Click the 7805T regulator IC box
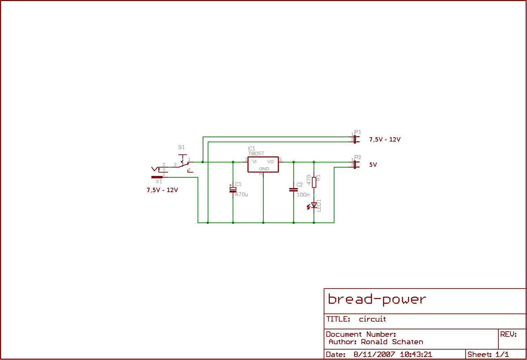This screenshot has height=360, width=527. point(263,164)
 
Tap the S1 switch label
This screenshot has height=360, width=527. point(181,147)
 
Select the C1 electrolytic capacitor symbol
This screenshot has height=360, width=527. point(233,189)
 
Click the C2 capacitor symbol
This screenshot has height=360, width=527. point(293,189)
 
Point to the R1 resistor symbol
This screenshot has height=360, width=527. point(314,182)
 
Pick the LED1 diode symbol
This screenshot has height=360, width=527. point(314,205)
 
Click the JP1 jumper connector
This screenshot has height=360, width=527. point(355,139)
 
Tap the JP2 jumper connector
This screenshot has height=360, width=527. point(355,164)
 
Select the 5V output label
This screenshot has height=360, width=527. point(373,165)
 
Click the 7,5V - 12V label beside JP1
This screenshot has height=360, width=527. point(385,140)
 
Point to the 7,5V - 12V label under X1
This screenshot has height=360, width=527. point(162,190)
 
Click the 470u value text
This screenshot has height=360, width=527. point(241,194)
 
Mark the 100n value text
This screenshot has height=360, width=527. point(303,195)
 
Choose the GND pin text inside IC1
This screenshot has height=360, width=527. point(264,169)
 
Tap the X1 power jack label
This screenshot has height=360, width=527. point(159,182)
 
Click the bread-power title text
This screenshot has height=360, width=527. point(377,299)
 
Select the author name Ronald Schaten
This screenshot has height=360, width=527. point(392,342)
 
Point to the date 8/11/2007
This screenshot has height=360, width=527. point(374,355)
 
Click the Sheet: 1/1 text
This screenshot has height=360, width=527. point(488,355)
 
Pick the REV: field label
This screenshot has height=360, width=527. point(508,334)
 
